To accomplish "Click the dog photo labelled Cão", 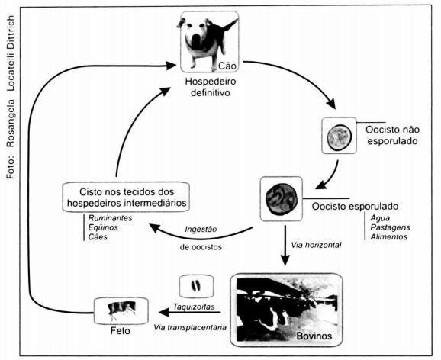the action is click(209, 42).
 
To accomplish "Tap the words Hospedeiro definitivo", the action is click(211, 87).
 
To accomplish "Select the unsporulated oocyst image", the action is click(340, 136).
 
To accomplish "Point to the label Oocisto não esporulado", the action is click(392, 135).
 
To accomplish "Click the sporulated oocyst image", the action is click(282, 199).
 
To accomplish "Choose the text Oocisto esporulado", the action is click(355, 206).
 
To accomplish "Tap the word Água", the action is click(380, 218).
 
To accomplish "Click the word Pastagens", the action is click(390, 227).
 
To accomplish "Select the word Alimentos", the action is click(389, 236).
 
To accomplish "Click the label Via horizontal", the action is click(316, 245).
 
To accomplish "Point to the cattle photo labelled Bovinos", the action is click(286, 310).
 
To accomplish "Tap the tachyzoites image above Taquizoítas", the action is click(196, 286).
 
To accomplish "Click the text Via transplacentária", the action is click(190, 327).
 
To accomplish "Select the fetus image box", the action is click(121, 310).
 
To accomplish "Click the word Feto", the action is click(121, 330).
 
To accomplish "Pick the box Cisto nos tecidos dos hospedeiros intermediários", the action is click(126, 197).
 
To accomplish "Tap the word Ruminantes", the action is click(110, 218).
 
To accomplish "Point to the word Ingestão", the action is click(201, 230).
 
